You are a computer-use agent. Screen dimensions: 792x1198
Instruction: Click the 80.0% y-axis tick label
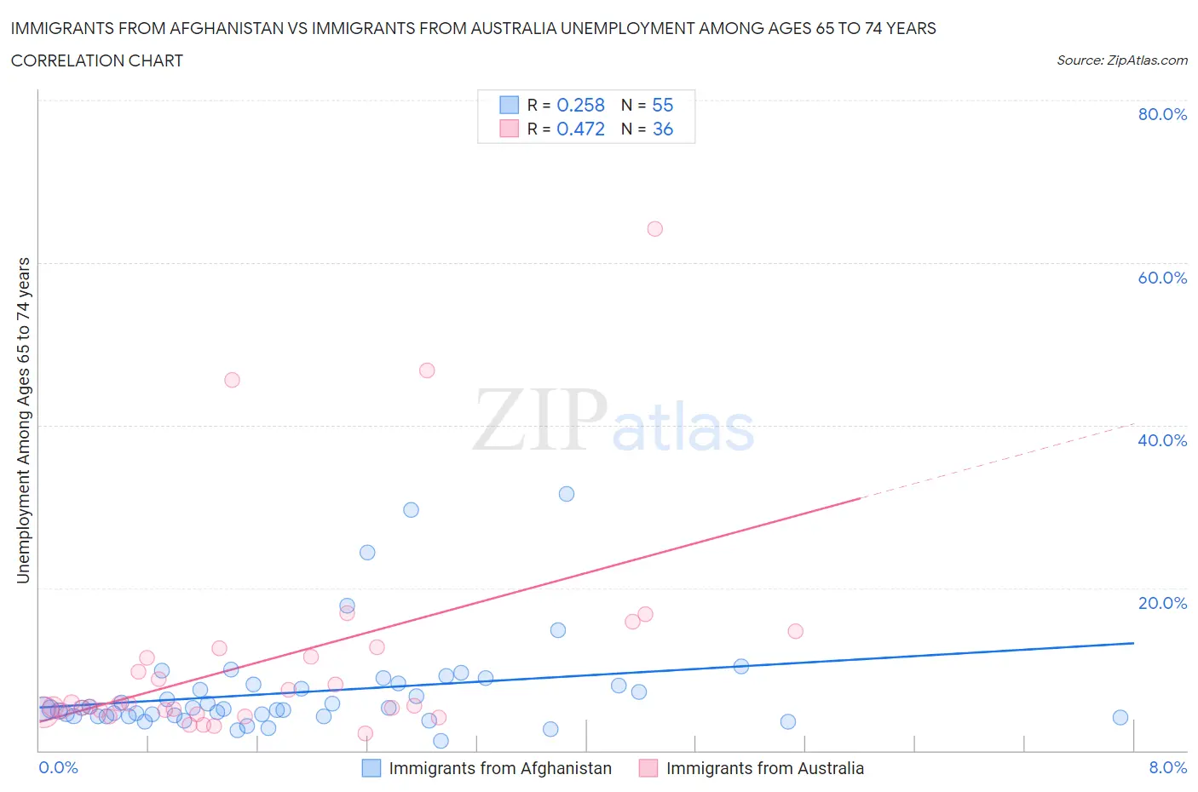(1162, 114)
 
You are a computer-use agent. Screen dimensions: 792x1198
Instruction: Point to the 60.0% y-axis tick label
(1162, 278)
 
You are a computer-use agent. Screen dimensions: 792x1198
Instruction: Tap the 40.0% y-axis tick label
(1162, 440)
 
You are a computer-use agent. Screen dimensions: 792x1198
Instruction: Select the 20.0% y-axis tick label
(1162, 603)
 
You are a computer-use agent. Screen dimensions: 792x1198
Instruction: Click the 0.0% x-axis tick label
(58, 767)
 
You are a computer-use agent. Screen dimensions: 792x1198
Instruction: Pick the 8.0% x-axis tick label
(1167, 767)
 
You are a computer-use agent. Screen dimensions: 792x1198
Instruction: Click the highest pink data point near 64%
(654, 228)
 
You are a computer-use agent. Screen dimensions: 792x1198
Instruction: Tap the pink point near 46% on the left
(232, 380)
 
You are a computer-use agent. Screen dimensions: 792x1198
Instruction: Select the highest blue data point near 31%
(566, 494)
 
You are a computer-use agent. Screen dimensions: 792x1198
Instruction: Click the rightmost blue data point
(1120, 717)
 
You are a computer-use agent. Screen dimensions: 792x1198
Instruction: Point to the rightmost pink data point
(795, 631)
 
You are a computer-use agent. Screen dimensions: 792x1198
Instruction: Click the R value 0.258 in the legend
(580, 105)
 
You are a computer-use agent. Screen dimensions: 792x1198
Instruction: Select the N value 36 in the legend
(662, 129)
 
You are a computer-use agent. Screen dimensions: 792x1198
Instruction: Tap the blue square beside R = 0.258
(509, 105)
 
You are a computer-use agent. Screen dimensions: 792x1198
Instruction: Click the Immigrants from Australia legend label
(764, 768)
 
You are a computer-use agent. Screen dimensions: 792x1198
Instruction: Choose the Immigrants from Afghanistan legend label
(500, 768)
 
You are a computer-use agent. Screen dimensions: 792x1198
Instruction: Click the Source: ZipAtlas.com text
(1121, 60)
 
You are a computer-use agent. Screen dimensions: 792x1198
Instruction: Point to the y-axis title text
(23, 420)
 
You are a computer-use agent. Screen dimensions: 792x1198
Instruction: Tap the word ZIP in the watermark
(539, 419)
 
